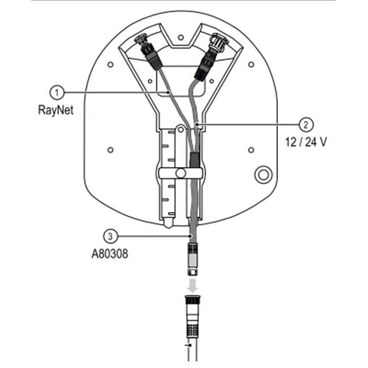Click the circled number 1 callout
click(57, 93)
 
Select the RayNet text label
click(55, 110)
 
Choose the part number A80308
click(110, 254)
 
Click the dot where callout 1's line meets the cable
click(168, 93)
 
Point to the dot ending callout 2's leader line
click(196, 124)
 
